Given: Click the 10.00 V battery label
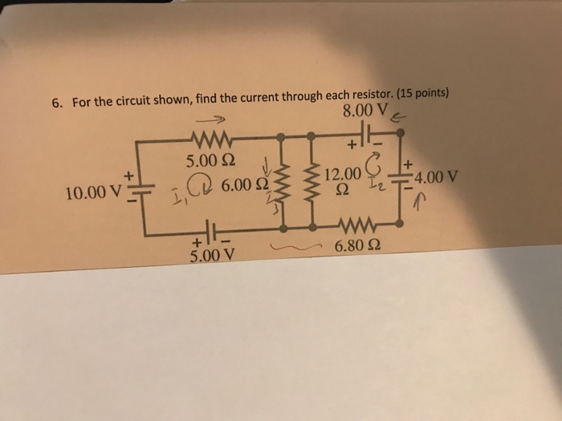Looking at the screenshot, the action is pos(92,193).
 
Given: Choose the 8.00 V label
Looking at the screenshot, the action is pos(365,111).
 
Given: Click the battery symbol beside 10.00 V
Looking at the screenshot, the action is pos(134,190).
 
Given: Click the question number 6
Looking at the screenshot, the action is pos(57,103).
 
